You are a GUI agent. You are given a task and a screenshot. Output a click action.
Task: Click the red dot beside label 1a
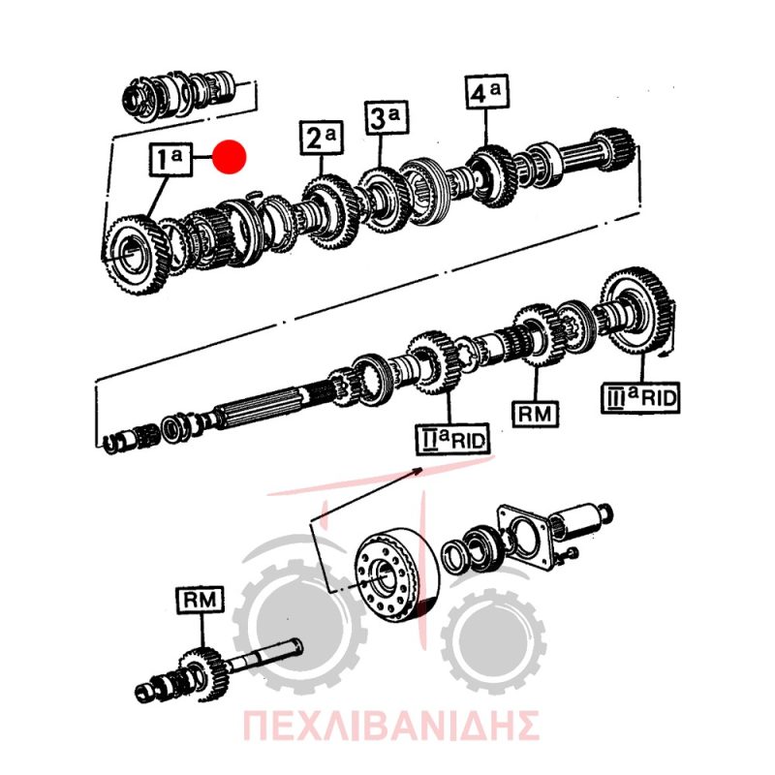(230, 157)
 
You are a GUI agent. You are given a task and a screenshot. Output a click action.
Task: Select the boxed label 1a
(170, 159)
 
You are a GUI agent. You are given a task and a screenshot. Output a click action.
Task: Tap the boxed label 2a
(322, 137)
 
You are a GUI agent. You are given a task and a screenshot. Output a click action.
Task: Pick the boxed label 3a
(387, 117)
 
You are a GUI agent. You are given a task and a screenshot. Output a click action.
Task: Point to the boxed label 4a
(487, 91)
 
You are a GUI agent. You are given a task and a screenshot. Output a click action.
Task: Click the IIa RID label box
(452, 439)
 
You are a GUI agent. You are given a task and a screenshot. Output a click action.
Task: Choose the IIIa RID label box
(640, 397)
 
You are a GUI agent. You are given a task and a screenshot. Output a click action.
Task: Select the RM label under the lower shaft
(536, 414)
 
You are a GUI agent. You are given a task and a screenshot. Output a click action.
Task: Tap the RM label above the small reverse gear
(201, 600)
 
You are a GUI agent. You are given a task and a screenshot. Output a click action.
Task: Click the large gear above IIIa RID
(636, 308)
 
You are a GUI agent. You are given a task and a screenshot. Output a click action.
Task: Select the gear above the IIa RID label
(433, 364)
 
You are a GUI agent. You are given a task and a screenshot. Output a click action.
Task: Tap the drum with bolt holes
(396, 574)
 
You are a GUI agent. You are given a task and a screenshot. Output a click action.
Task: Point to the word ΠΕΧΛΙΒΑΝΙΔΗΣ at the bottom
(391, 725)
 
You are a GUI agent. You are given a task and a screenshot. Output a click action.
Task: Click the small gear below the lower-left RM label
(201, 673)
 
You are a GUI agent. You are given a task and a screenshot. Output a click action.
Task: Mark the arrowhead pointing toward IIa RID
(418, 470)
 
